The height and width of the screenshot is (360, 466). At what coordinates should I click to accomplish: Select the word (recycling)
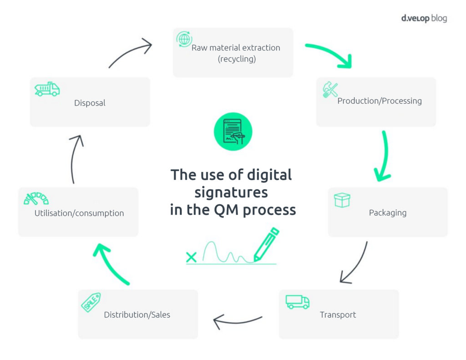(x=237, y=59)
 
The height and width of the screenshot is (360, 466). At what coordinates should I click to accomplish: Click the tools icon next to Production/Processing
(x=330, y=90)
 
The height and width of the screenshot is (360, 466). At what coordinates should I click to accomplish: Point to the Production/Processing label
(x=380, y=101)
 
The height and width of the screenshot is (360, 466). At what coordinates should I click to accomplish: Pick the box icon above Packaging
(x=342, y=200)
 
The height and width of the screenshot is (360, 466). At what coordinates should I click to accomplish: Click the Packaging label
(x=388, y=213)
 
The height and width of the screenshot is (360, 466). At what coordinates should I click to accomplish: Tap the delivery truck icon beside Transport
(x=297, y=301)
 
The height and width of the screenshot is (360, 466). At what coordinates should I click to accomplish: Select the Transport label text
(x=338, y=315)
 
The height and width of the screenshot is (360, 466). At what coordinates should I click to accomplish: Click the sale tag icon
(x=91, y=302)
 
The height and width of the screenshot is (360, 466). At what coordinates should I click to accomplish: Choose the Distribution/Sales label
(x=137, y=315)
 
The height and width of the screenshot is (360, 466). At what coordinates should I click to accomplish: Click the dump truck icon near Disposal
(x=47, y=89)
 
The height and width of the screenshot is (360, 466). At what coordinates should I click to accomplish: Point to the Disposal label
(x=90, y=103)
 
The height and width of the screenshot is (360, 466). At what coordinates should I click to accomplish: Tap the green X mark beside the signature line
(x=192, y=257)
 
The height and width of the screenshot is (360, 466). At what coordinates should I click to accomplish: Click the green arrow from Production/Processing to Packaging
(x=384, y=157)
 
